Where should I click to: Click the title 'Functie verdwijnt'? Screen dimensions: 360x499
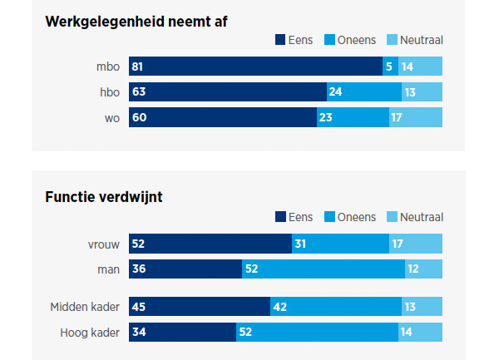(104, 197)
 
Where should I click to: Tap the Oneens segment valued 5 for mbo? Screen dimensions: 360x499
(390, 67)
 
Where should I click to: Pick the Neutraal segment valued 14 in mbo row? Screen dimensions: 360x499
(420, 67)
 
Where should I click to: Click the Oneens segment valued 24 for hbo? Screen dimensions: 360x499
(363, 91)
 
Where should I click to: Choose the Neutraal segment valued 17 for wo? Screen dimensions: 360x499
(415, 117)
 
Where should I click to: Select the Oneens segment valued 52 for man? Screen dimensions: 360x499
(324, 269)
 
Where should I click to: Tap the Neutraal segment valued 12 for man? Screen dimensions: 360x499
(423, 269)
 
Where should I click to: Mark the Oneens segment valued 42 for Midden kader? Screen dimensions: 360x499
(336, 307)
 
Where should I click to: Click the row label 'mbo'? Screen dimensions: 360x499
(108, 67)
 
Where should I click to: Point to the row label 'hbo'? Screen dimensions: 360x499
(109, 91)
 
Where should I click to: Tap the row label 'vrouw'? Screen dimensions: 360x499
(103, 243)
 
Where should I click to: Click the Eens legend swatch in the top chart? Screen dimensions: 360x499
(280, 39)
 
